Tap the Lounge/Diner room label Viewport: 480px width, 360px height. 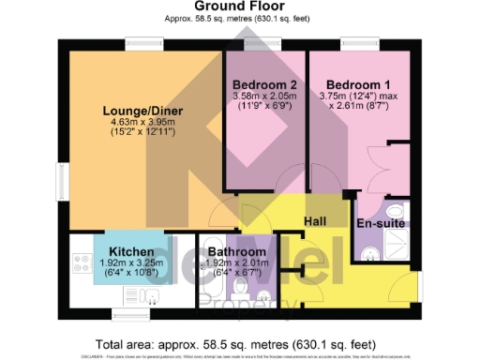tap(142, 112)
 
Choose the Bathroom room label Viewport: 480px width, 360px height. tap(236, 251)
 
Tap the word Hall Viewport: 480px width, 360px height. tap(315, 221)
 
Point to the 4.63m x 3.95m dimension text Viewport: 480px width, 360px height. tap(142, 123)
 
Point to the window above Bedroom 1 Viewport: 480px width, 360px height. tap(356, 41)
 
